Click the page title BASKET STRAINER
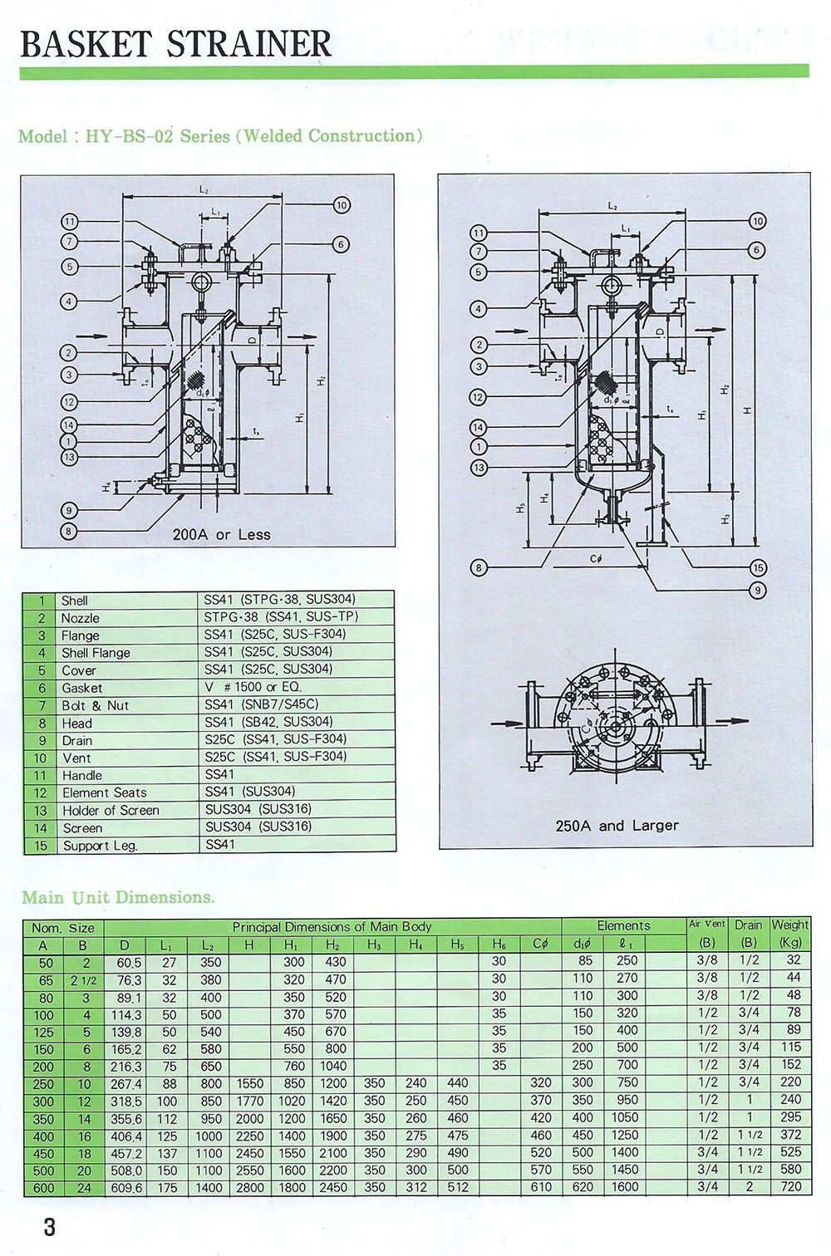pos(175,43)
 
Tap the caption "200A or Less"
pos(221,534)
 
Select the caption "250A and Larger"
pos(617,826)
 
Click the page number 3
pos(50,1227)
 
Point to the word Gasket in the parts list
pos(82,688)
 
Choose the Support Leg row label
pos(100,846)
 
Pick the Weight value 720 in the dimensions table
pos(791,1186)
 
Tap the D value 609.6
pos(126,1188)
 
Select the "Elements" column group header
pos(623,925)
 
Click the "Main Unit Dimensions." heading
pos(118,897)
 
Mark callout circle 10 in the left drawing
pos(342,205)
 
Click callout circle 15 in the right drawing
pos(757,568)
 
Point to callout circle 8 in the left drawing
pos(69,531)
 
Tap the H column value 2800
pos(249,1188)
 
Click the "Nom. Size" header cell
pos(63,928)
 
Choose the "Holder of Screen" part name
pos(111,810)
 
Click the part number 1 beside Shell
pos(41,601)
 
